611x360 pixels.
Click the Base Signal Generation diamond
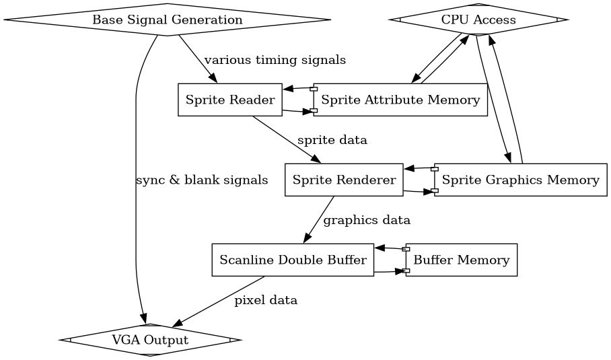167,20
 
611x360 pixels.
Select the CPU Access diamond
478,20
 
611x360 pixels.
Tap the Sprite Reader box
229,100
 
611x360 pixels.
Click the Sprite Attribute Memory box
400,100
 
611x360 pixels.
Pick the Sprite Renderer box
344,180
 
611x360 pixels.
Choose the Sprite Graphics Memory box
521,180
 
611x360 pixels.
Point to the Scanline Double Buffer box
293,260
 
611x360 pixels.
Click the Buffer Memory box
461,260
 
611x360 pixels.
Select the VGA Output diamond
150,340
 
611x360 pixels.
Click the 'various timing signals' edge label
275,61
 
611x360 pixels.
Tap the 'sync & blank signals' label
202,180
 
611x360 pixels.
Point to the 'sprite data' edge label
332,141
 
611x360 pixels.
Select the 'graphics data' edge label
367,220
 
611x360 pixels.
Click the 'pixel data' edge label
266,300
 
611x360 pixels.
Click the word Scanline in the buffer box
244,260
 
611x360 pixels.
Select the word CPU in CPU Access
453,20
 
